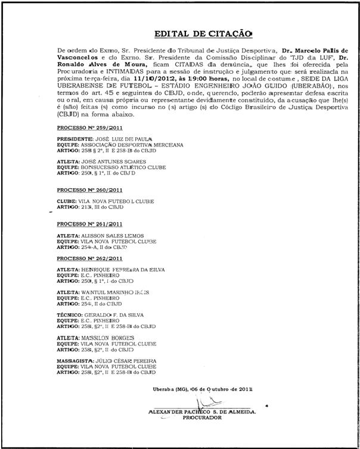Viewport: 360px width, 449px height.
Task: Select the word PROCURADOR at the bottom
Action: click(x=204, y=418)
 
